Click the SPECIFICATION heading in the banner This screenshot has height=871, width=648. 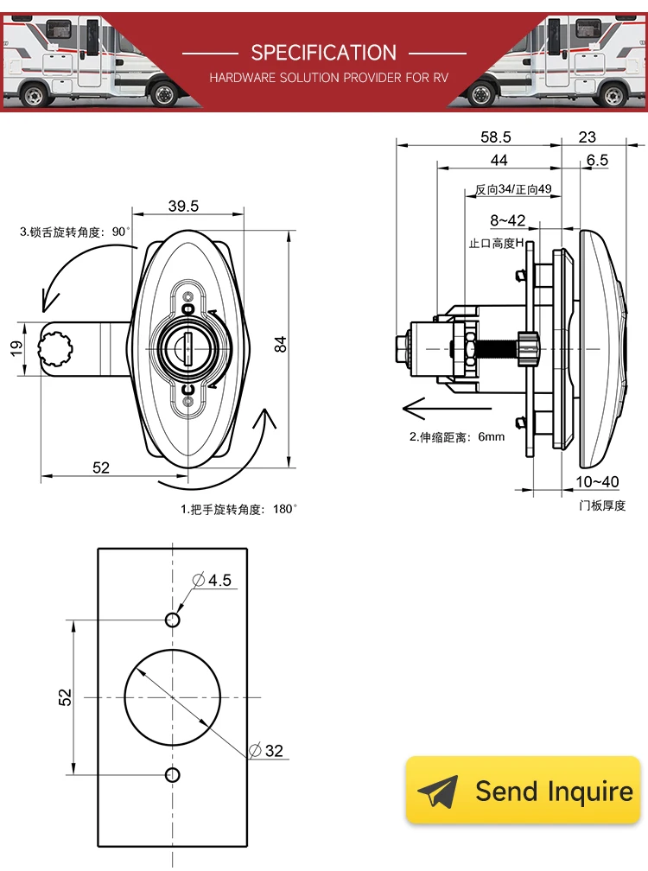coord(323,52)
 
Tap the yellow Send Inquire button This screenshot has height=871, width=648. coord(524,791)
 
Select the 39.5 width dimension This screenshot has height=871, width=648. coord(183,206)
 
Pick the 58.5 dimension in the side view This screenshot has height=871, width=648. coord(495,137)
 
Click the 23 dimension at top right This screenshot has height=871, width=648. coord(587,137)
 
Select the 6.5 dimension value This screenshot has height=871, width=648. coord(596,160)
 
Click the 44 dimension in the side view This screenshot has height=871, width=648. coord(499,160)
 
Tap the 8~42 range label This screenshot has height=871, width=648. coord(507,220)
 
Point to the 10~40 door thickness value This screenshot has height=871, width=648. coord(597,481)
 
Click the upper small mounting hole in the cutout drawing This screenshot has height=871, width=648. coord(173,620)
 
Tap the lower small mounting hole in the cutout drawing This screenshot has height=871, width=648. coord(173,773)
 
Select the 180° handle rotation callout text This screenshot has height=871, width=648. coord(238,509)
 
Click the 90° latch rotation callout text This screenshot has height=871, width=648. coord(74,232)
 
